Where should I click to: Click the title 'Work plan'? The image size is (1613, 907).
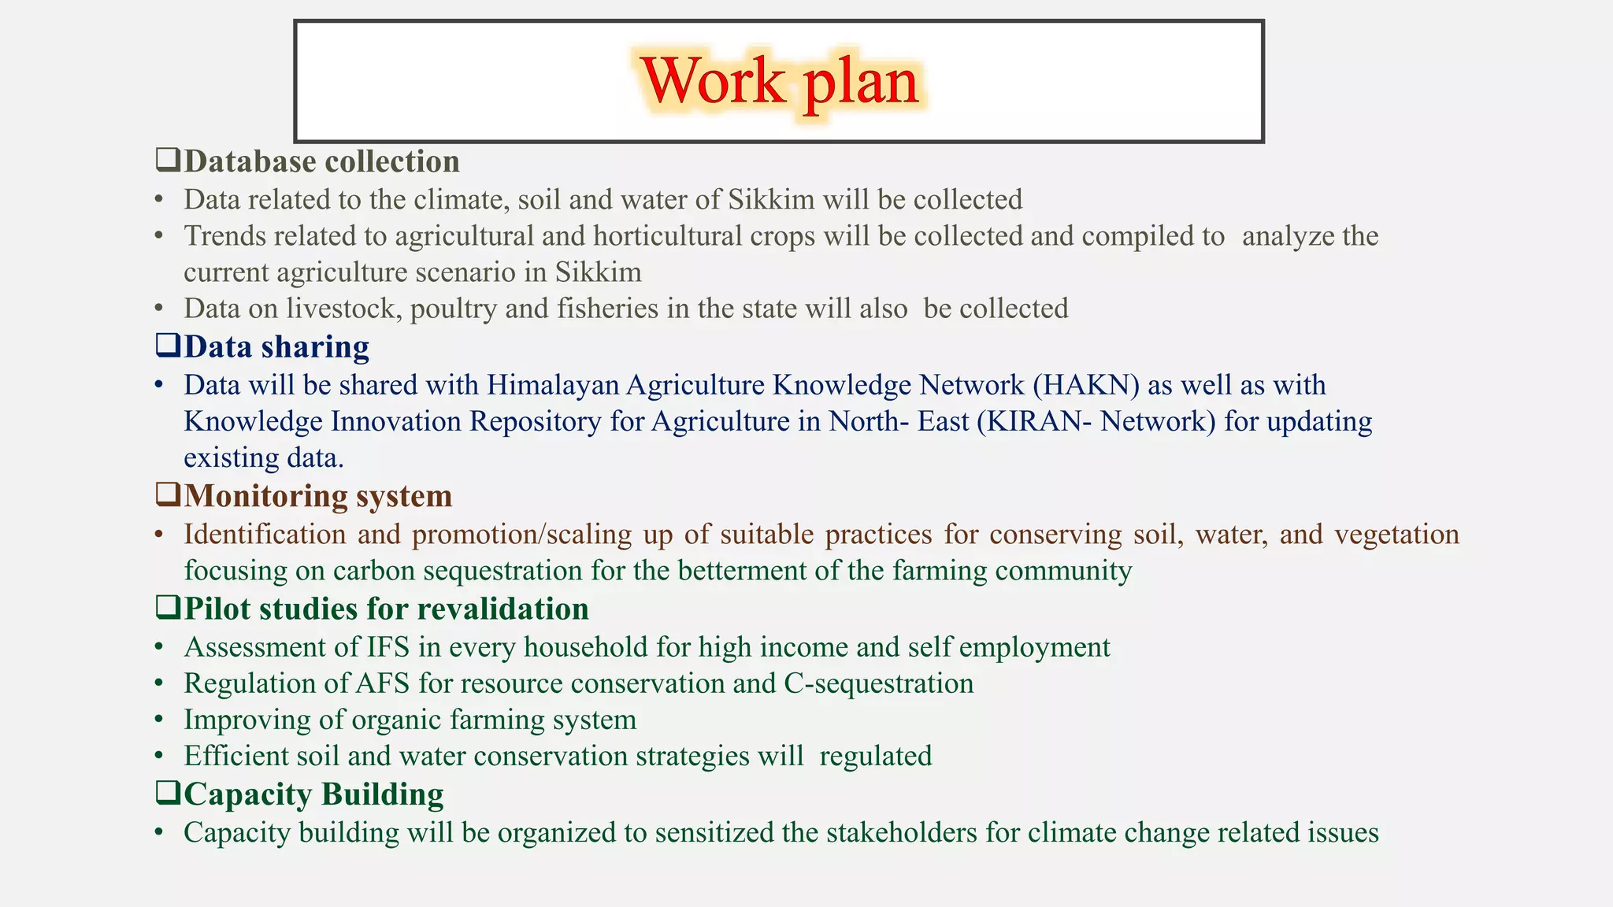pyautogui.click(x=779, y=81)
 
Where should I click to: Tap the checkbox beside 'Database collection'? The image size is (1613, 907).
pyautogui.click(x=168, y=160)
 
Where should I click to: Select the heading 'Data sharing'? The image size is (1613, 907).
pyautogui.click(x=276, y=346)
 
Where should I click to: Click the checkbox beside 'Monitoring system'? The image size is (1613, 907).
pyautogui.click(x=168, y=494)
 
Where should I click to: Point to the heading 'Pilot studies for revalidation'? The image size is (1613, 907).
pyautogui.click(x=386, y=609)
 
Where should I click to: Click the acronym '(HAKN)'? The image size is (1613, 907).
pyautogui.click(x=1086, y=385)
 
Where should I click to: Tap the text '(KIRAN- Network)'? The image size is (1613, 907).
pyautogui.click(x=1096, y=421)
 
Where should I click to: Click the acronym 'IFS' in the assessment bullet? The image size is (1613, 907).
pyautogui.click(x=388, y=647)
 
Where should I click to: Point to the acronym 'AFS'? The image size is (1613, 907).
pyautogui.click(x=383, y=683)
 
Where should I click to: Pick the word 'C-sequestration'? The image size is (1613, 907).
pyautogui.click(x=879, y=683)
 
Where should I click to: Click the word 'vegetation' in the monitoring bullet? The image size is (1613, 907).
pyautogui.click(x=1396, y=535)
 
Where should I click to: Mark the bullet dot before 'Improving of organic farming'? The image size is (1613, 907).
pyautogui.click(x=159, y=720)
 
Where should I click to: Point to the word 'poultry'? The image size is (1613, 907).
pyautogui.click(x=454, y=309)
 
